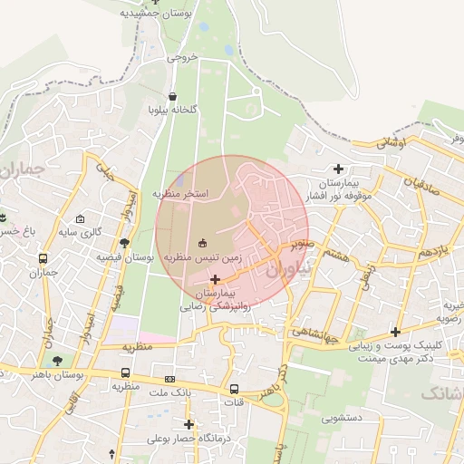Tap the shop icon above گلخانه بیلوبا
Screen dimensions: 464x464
[173, 95]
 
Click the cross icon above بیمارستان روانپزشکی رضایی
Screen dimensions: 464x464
[215, 279]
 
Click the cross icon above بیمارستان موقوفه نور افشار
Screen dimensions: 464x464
[339, 169]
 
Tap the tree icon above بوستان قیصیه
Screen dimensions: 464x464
[124, 242]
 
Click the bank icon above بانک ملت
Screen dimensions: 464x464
[169, 379]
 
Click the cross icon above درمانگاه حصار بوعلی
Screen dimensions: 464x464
[188, 424]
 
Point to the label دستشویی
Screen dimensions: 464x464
[342, 419]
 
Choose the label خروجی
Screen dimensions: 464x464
[181, 57]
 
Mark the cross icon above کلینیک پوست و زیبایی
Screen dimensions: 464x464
[394, 332]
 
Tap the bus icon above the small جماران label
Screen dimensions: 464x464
[43, 258]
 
